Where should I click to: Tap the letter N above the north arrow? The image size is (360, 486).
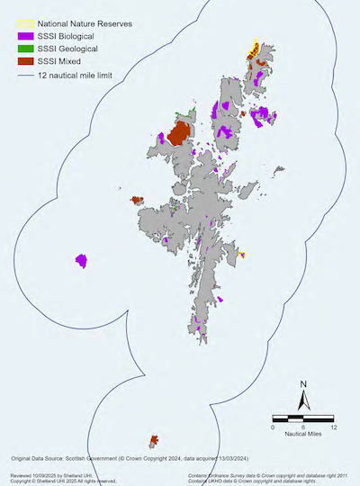[x=305, y=385]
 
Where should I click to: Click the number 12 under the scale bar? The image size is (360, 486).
[x=334, y=427]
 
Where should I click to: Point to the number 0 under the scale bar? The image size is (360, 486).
[x=273, y=427]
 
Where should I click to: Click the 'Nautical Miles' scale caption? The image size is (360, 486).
[x=303, y=436]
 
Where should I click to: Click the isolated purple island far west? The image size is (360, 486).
[x=82, y=261]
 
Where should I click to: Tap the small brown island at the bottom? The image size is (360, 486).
[x=154, y=441]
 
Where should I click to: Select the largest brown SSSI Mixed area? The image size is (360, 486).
[x=178, y=135]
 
